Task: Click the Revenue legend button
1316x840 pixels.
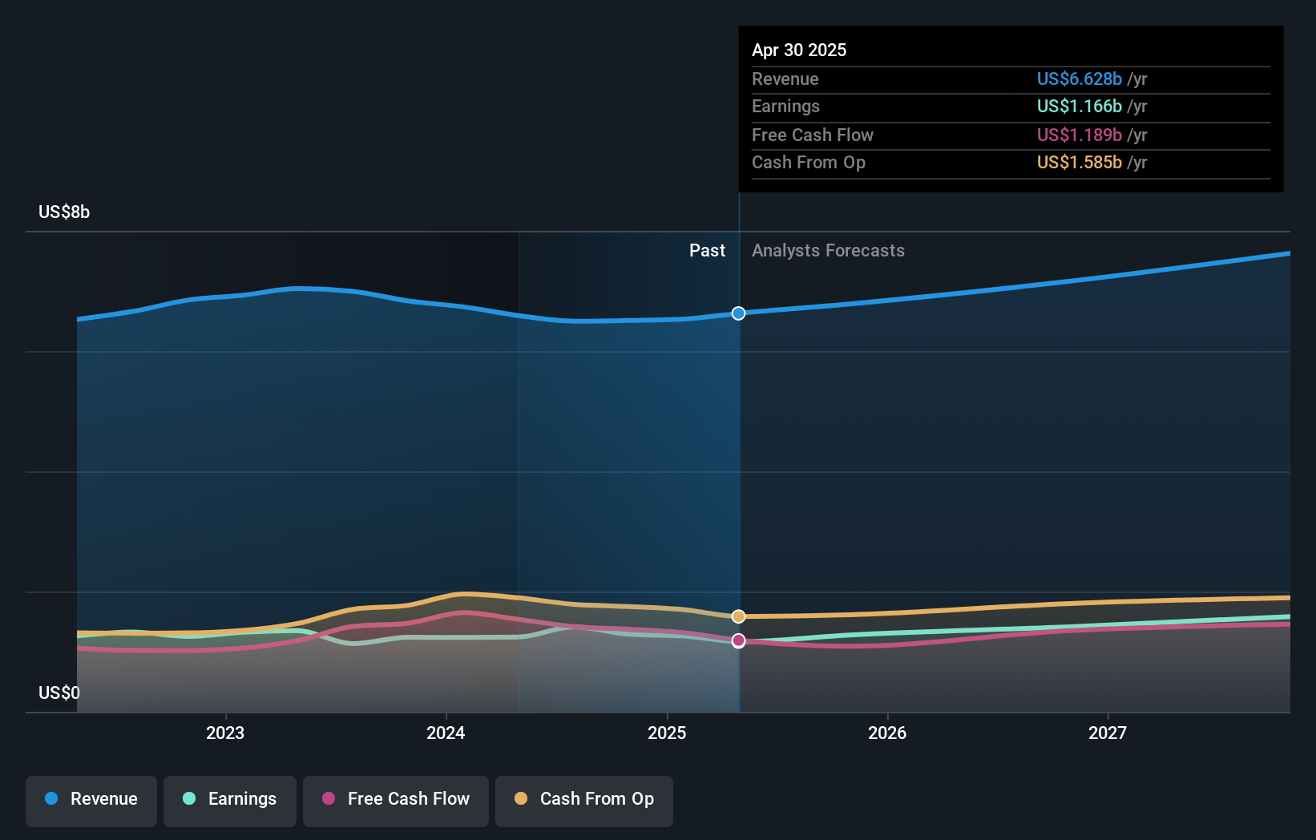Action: [91, 799]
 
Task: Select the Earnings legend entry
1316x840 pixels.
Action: [230, 799]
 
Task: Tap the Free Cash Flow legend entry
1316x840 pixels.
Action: [396, 799]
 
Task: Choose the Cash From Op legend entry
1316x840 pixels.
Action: [584, 799]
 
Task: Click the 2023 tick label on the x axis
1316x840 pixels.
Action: [225, 733]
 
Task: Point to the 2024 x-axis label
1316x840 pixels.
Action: [446, 733]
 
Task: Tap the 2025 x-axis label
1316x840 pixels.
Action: [667, 733]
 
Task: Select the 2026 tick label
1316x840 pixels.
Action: [887, 733]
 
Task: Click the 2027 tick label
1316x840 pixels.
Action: [1108, 733]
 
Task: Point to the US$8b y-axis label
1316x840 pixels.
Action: [64, 212]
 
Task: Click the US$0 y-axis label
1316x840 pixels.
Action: [59, 693]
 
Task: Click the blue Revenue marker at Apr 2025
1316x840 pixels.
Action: [739, 313]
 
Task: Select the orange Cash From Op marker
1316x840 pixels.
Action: [739, 616]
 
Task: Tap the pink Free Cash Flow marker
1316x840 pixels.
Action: [739, 640]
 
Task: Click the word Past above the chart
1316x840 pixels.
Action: [707, 251]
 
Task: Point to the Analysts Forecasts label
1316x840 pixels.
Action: [828, 251]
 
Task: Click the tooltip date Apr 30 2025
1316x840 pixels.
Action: [799, 50]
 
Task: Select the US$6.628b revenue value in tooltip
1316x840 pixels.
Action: [1079, 79]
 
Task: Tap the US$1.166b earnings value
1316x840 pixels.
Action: [1079, 107]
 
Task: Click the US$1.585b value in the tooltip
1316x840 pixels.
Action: [1079, 163]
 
